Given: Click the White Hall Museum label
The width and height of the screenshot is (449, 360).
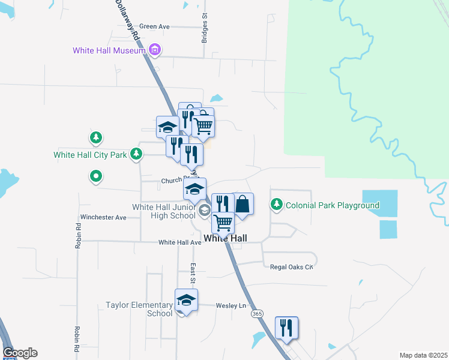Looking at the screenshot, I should pyautogui.click(x=109, y=50).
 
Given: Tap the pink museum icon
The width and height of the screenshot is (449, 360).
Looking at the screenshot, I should pyautogui.click(x=155, y=50).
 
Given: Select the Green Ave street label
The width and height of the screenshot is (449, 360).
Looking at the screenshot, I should pyautogui.click(x=154, y=26).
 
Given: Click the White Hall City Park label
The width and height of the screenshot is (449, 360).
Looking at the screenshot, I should pyautogui.click(x=90, y=155).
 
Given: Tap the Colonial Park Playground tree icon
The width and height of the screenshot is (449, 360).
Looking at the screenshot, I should pyautogui.click(x=277, y=205).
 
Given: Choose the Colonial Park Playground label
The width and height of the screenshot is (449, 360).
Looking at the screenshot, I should pyautogui.click(x=332, y=205).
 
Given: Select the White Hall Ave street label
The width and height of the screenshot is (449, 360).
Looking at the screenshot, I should pyautogui.click(x=179, y=242).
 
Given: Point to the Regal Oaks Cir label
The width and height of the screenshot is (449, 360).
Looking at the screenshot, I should pyautogui.click(x=292, y=267).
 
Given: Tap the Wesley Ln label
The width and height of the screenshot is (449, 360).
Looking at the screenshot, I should pyautogui.click(x=234, y=305).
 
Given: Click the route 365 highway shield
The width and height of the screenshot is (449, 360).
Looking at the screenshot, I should pyautogui.click(x=258, y=314).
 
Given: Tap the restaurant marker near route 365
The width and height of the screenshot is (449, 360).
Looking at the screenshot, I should pyautogui.click(x=287, y=328).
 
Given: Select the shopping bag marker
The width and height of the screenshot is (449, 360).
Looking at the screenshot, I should pyautogui.click(x=243, y=203).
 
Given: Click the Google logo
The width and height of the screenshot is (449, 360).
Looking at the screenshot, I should pyautogui.click(x=20, y=353).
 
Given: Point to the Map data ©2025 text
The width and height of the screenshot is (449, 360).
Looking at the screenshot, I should pyautogui.click(x=423, y=355).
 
